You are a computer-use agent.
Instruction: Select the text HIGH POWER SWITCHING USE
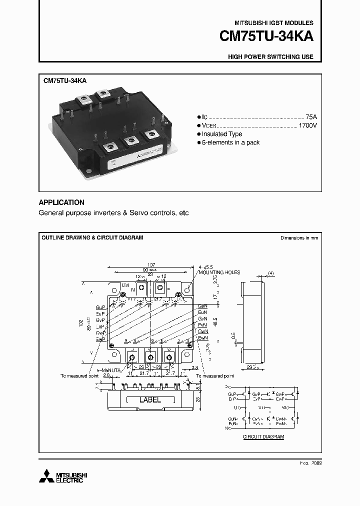[x=270, y=57]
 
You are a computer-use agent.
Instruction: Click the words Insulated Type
[x=222, y=134]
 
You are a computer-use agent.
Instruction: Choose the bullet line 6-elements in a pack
[x=230, y=142]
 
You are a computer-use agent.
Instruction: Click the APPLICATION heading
[x=61, y=202]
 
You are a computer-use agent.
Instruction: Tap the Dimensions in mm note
[x=299, y=238]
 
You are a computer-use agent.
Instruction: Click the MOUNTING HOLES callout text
[x=219, y=272]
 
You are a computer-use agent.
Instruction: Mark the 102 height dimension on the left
[x=81, y=323]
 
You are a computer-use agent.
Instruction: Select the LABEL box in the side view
[x=150, y=400]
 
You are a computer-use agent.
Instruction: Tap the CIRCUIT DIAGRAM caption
[x=263, y=437]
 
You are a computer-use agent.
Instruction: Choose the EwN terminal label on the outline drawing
[x=203, y=338]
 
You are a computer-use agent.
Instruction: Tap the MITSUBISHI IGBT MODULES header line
[x=274, y=23]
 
